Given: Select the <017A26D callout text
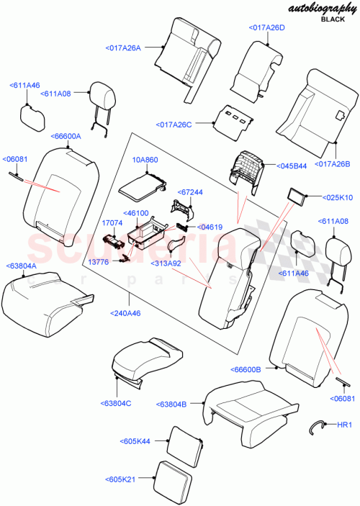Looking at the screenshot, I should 269,27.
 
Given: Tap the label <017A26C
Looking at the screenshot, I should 174,125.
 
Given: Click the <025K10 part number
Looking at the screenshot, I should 338,196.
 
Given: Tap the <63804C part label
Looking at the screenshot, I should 117,402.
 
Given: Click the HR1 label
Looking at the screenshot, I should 345,425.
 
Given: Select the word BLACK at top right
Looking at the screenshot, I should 333,22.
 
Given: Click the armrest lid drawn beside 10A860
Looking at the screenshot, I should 141,189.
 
